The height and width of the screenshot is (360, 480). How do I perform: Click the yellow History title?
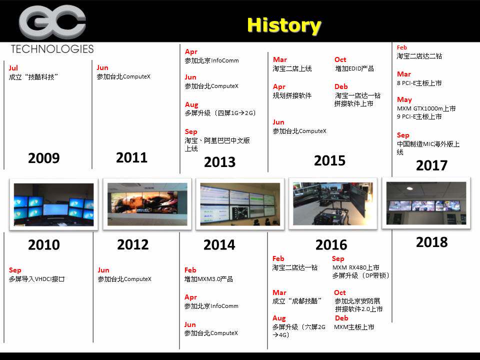click(284, 25)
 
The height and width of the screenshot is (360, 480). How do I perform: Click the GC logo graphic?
click(52, 22)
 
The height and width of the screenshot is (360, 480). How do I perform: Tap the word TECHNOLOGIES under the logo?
click(52, 49)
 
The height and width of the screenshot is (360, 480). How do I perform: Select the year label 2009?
click(44, 158)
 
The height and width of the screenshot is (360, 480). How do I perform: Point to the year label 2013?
click(219, 162)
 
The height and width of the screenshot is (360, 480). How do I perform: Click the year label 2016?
click(331, 245)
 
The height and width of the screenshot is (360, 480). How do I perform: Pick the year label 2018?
click(431, 242)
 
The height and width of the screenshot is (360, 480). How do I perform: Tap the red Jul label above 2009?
click(13, 68)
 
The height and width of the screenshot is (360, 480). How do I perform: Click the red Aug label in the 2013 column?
click(191, 105)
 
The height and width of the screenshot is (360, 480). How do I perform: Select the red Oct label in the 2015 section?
click(340, 59)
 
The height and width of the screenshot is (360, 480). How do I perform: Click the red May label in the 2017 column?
click(404, 100)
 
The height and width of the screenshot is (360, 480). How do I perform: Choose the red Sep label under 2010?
click(15, 270)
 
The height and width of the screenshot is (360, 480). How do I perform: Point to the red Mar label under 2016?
click(279, 292)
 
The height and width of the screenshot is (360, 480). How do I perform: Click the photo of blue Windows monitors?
click(54, 204)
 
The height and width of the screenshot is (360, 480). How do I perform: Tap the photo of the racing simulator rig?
click(333, 203)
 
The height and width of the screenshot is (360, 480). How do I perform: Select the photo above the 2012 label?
click(147, 204)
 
